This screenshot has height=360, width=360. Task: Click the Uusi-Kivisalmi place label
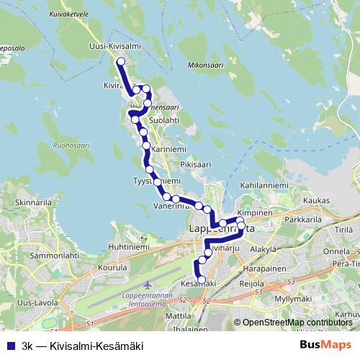tap(114, 45)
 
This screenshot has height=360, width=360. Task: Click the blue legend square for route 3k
tap(10, 346)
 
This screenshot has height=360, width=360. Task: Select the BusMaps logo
tap(325, 345)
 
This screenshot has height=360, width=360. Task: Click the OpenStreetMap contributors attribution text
tap(297, 323)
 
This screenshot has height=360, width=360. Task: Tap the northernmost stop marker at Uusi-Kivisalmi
tap(120, 61)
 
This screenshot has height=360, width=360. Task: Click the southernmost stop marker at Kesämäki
tap(202, 279)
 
